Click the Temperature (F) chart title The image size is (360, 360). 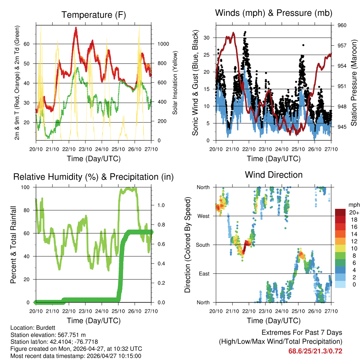[x=94, y=15]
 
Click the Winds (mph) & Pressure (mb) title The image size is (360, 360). [x=274, y=13]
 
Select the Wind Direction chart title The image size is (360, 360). [x=274, y=175]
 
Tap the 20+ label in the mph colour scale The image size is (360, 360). [x=354, y=212]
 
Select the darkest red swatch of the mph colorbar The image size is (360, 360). [x=340, y=212]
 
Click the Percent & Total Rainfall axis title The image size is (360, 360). [x=14, y=245]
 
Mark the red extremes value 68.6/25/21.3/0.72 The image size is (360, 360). [x=315, y=351]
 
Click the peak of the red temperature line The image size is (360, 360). [x=76, y=28]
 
